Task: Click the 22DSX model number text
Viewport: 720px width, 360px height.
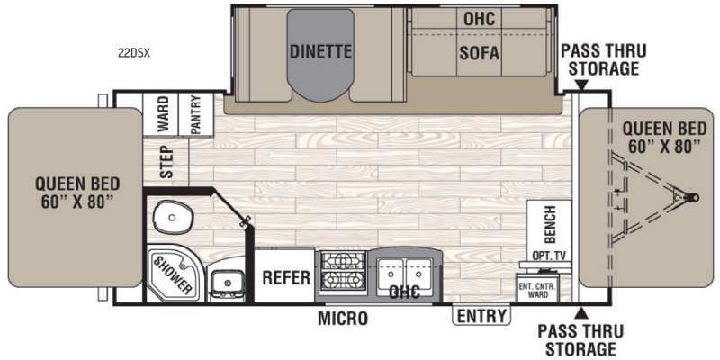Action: point(133,53)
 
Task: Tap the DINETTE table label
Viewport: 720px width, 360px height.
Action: point(321,51)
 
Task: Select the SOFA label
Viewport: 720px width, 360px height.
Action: point(479,53)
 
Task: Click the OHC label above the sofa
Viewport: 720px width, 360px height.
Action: point(480,19)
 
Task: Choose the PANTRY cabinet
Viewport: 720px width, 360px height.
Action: point(195,114)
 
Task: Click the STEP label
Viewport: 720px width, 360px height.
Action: point(167,162)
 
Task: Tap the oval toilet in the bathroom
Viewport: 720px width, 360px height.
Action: point(172,217)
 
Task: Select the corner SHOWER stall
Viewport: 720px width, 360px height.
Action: point(173,274)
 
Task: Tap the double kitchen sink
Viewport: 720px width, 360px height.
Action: point(404,274)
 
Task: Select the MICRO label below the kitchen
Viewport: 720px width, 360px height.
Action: point(343,318)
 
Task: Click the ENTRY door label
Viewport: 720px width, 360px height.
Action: point(481,316)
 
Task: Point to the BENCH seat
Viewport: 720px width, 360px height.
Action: point(549,225)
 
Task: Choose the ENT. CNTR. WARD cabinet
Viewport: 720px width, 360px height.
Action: point(537,288)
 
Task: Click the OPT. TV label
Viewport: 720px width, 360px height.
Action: point(546,256)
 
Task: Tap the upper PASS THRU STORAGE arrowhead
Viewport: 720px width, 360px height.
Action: point(581,85)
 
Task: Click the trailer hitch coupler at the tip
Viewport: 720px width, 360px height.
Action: point(691,197)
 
